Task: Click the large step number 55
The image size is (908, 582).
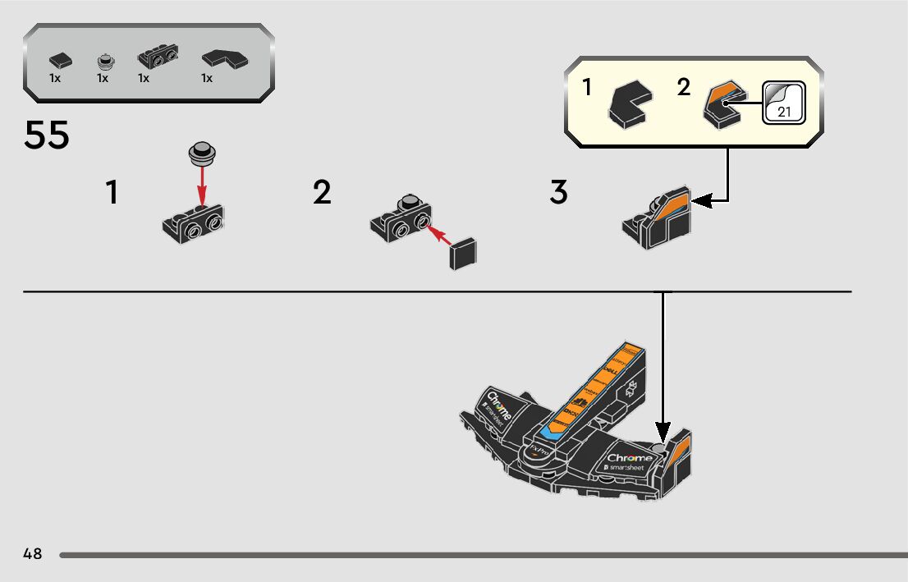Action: point(47,136)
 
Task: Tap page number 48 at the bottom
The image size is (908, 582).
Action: point(33,553)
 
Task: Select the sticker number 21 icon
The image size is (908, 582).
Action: point(783,103)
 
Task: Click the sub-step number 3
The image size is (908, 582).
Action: point(558,193)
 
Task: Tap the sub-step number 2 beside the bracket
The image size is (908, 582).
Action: point(322,193)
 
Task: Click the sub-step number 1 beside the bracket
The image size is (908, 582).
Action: point(112,193)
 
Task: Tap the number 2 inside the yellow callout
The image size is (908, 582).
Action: point(684,87)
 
